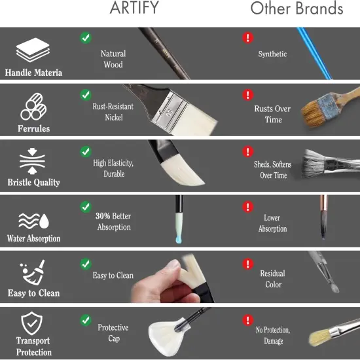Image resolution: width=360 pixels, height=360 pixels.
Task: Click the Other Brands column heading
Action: pyautogui.click(x=297, y=9)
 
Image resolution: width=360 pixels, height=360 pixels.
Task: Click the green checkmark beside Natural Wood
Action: pyautogui.click(x=86, y=37)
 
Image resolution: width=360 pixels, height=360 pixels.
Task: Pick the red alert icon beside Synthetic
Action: pyautogui.click(x=247, y=37)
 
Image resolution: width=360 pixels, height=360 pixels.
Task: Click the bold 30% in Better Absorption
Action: pyautogui.click(x=103, y=216)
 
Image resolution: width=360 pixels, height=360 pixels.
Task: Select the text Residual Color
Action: pyautogui.click(x=273, y=279)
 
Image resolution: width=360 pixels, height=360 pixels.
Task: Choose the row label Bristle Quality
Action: pyautogui.click(x=34, y=182)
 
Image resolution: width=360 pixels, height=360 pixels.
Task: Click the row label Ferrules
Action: pyautogui.click(x=34, y=128)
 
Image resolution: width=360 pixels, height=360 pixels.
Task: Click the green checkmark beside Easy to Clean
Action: pyautogui.click(x=86, y=264)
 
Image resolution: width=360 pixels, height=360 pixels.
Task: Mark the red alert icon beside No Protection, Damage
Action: pyautogui.click(x=247, y=320)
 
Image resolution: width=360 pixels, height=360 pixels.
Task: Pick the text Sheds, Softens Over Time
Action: pyautogui.click(x=273, y=170)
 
